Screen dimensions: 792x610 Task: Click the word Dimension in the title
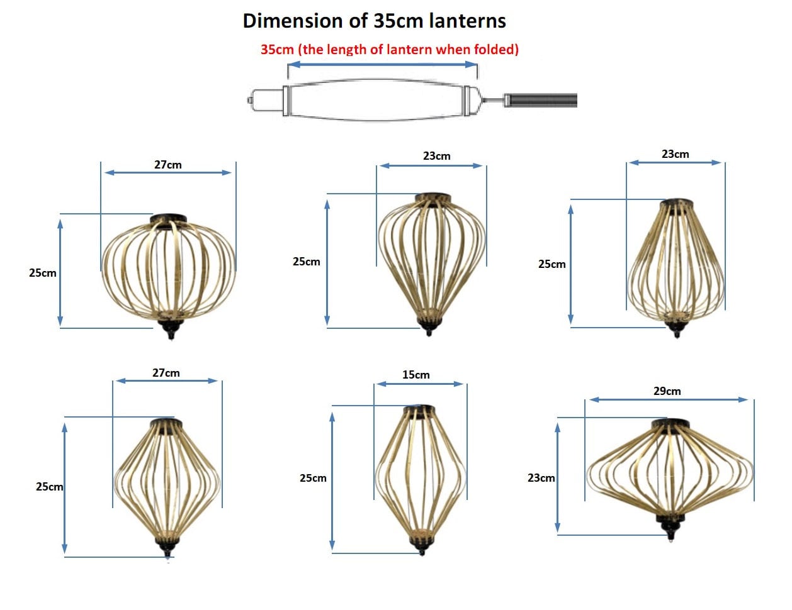[293, 21]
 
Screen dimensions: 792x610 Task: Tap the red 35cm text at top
[277, 49]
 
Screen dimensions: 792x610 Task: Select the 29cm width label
[667, 391]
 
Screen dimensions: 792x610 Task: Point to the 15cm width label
[416, 375]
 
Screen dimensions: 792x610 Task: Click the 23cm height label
[541, 477]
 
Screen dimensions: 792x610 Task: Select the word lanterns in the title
[467, 21]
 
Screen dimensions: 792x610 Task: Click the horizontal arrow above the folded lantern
[382, 65]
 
